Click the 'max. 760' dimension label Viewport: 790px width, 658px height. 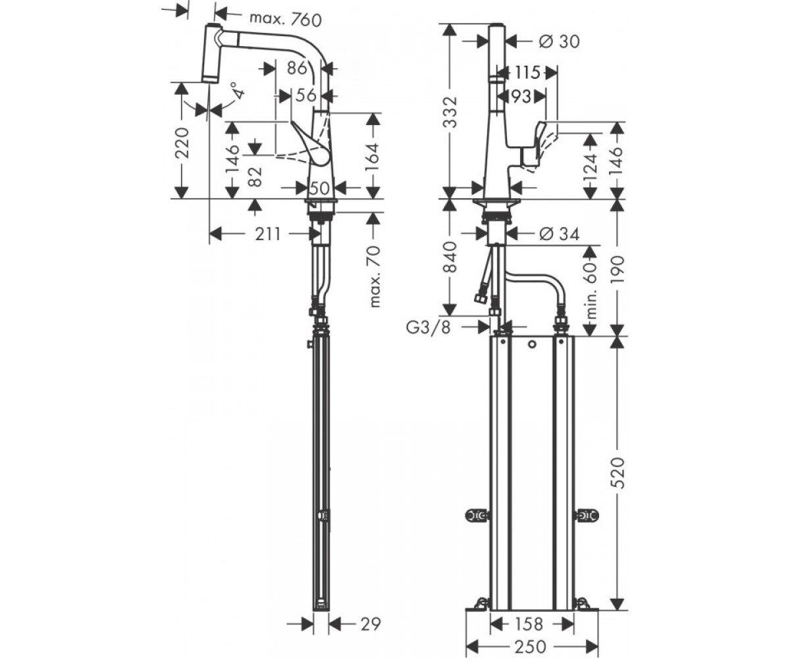click(x=286, y=19)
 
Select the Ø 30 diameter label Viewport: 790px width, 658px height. click(x=559, y=41)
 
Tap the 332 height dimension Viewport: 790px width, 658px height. click(x=450, y=112)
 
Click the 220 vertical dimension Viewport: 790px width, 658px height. click(x=182, y=143)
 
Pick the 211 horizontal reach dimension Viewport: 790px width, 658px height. click(x=268, y=234)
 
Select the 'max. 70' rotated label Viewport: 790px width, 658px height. click(x=375, y=276)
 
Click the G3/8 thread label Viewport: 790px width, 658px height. click(x=429, y=328)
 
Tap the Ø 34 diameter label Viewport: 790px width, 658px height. click(x=559, y=234)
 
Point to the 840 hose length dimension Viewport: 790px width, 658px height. click(x=450, y=257)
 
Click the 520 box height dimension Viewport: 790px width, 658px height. click(x=618, y=472)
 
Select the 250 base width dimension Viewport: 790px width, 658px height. click(x=530, y=646)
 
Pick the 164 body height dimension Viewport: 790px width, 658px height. click(x=373, y=157)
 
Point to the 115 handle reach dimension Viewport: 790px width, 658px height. click(x=527, y=72)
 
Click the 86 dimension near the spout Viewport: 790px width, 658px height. click(x=297, y=68)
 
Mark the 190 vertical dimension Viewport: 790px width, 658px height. click(x=618, y=267)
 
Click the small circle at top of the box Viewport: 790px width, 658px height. click(x=532, y=345)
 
